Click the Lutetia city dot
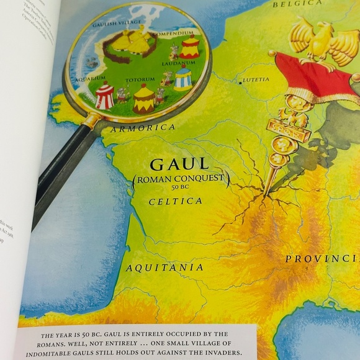[x=241, y=81]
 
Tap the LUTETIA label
[x=258, y=79]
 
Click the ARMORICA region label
[x=142, y=128]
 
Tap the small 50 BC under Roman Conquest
[x=181, y=189]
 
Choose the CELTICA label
[x=176, y=202]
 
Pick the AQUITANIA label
[x=164, y=268]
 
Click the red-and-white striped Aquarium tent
[x=104, y=97]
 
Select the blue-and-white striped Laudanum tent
[x=182, y=78]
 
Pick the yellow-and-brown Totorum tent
[x=144, y=98]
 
